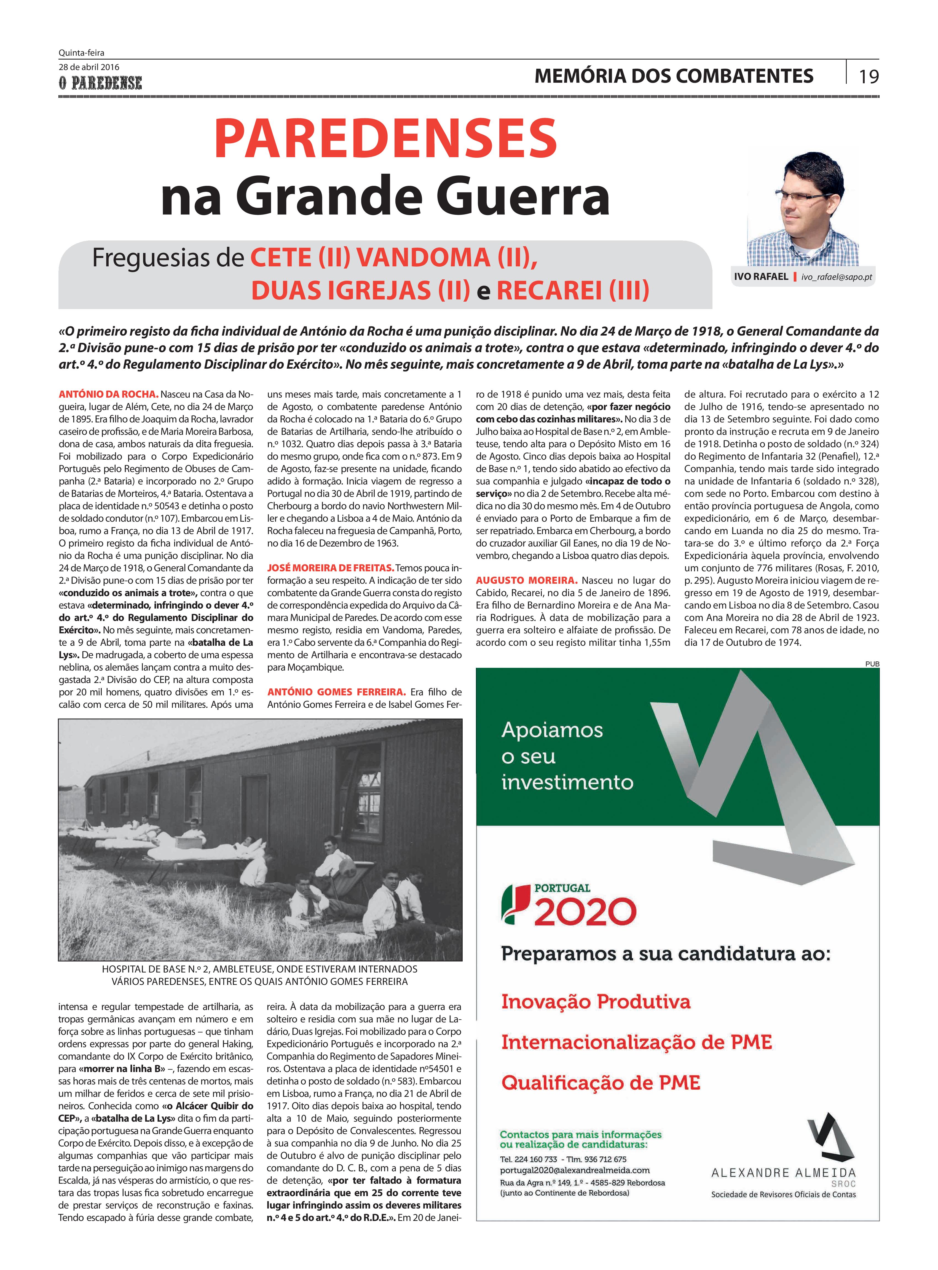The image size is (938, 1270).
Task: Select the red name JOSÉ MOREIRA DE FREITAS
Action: coord(331,568)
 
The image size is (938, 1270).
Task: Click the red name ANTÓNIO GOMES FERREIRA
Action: coord(336,692)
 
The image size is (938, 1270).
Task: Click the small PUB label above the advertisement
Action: coord(872,663)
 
